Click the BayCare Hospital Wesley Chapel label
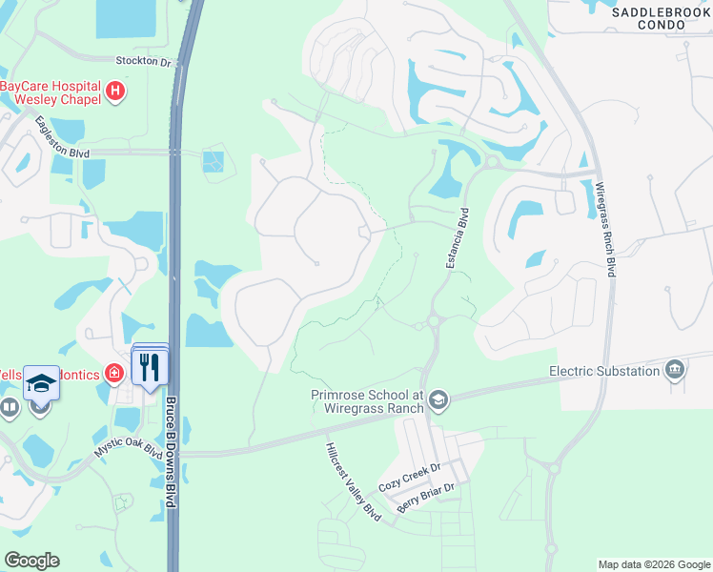(x=50, y=92)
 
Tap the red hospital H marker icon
(x=115, y=92)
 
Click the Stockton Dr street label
(x=142, y=62)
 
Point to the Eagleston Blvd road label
(x=62, y=136)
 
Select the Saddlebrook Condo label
(x=662, y=18)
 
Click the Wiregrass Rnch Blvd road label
(x=605, y=230)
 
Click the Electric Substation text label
(x=604, y=371)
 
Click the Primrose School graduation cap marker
(x=438, y=399)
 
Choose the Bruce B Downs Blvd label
(x=173, y=451)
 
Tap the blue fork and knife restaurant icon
(x=150, y=368)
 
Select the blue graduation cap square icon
(x=41, y=383)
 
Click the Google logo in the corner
(x=31, y=561)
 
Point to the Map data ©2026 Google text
(x=653, y=564)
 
